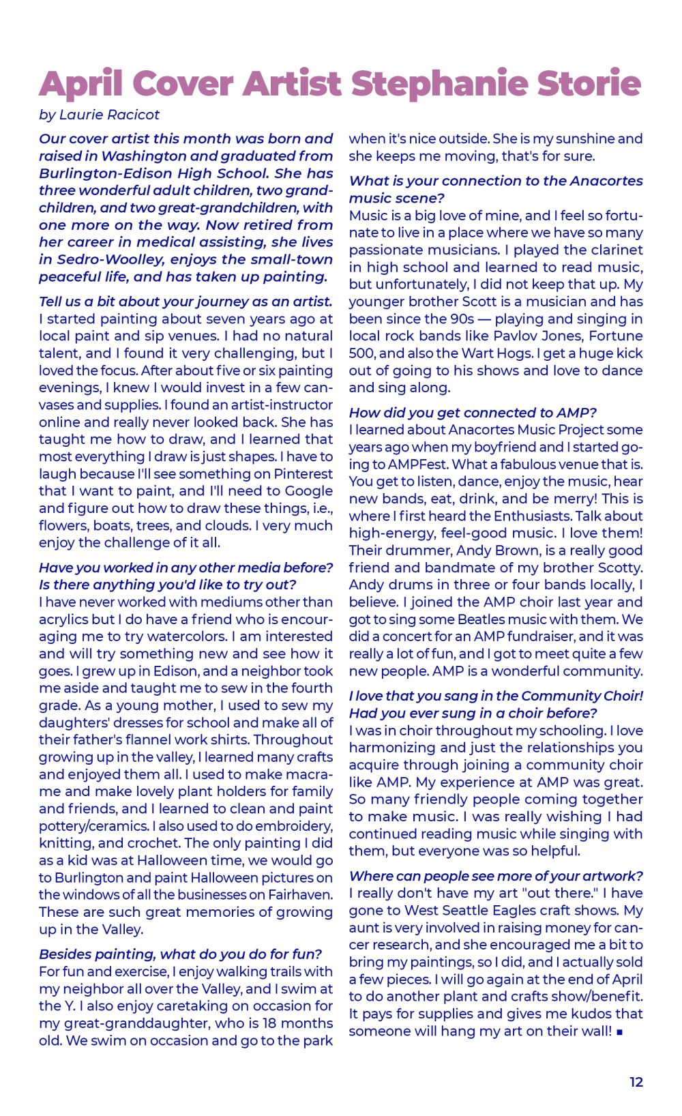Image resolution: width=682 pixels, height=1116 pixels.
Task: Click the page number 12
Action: coord(636,1082)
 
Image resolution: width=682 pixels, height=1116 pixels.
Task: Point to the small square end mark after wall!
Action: coord(619,1032)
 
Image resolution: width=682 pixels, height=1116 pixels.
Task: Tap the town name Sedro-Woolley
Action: coord(101,259)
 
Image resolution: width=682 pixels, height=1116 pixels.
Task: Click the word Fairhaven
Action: coord(300,894)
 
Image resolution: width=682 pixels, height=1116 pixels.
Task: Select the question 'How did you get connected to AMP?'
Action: coord(473,413)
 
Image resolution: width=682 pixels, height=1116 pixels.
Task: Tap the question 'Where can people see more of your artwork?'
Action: coord(496,876)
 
